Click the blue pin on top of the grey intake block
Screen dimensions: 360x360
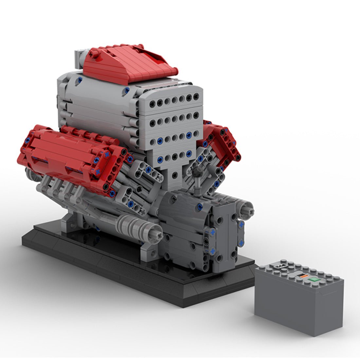[80, 79]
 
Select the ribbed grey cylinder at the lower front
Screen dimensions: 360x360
[131, 226]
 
